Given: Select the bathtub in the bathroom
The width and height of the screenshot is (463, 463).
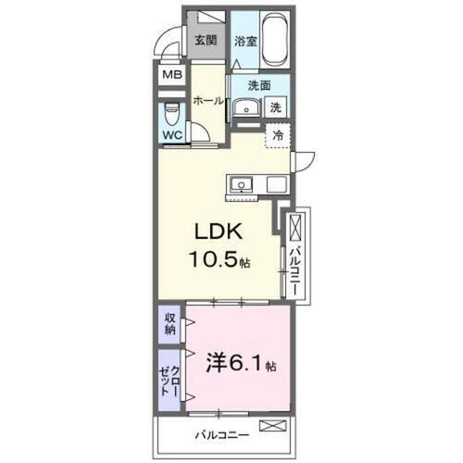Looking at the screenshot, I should pos(276,38).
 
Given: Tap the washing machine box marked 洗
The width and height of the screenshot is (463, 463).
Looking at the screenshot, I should pos(275,107).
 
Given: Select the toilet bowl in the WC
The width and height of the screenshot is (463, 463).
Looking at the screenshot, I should pos(171,115).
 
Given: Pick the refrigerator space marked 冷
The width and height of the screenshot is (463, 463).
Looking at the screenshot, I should pos(278,135).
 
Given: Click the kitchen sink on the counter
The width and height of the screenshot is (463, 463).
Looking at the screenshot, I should pos(243,183).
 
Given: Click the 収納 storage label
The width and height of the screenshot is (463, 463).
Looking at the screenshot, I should pos(170,324).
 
